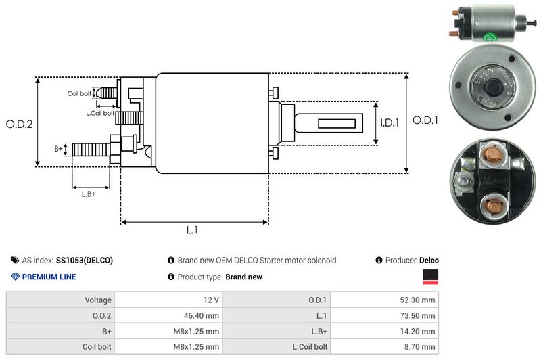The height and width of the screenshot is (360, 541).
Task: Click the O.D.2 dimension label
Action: tap(19, 124)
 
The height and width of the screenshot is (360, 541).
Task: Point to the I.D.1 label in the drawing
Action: tap(390, 123)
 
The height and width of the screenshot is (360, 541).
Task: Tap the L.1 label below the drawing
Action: tap(192, 230)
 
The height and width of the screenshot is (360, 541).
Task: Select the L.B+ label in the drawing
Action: tap(89, 194)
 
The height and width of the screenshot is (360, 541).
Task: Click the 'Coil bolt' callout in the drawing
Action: tap(79, 93)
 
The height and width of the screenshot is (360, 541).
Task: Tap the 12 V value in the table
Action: tap(210, 300)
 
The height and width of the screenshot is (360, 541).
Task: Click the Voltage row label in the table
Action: tap(98, 300)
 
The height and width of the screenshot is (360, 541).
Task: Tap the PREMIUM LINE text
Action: tap(49, 277)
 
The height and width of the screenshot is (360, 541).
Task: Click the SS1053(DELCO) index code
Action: tap(85, 260)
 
